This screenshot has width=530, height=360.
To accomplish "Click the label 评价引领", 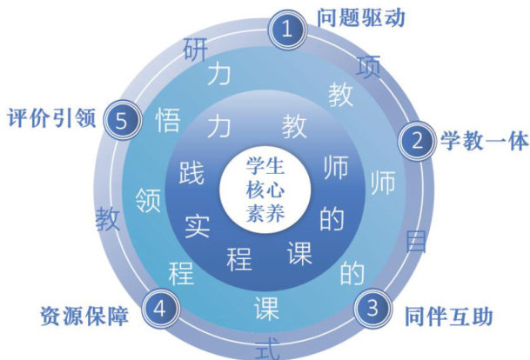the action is [51, 117].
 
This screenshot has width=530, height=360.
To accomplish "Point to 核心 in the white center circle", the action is [265, 188].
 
